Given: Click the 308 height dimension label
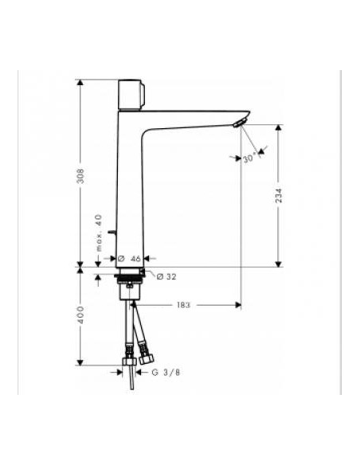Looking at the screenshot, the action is pos(80,176).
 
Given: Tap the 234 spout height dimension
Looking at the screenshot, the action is pos(279,195).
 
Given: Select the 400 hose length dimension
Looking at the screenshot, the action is pos(80,315).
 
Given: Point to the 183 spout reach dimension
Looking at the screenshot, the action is pos(183,305).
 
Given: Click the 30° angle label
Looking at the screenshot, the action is pos(250,158).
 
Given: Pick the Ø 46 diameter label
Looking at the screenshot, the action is pos(129,259).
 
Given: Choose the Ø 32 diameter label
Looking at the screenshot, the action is pos(166,276).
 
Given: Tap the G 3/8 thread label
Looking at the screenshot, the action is pos(166,372).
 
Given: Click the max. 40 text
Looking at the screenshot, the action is pos(99,233).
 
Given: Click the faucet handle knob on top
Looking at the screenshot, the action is pos(131,94).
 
